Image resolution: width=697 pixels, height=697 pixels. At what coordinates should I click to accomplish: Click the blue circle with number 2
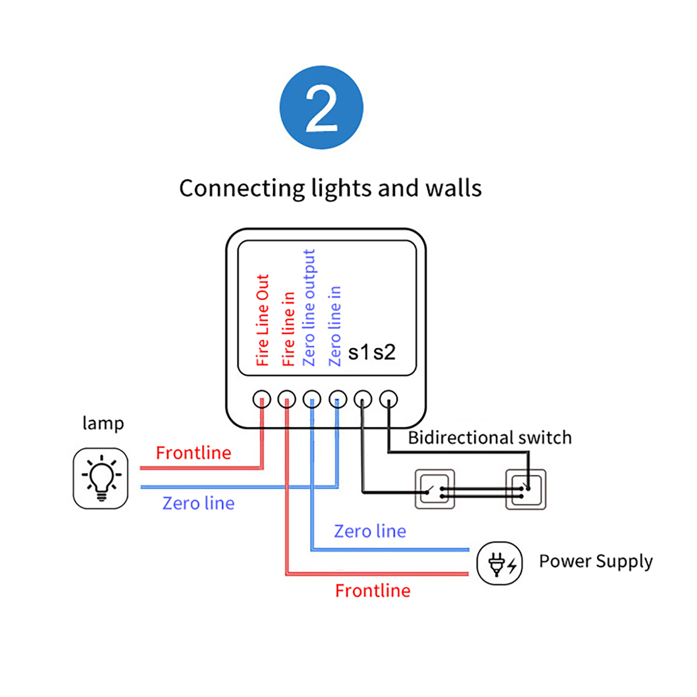[x=321, y=108]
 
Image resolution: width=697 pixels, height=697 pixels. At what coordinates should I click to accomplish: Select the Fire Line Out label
[x=262, y=320]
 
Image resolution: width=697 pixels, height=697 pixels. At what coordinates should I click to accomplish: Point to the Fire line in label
[x=288, y=329]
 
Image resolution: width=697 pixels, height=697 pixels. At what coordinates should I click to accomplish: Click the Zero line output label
[x=309, y=308]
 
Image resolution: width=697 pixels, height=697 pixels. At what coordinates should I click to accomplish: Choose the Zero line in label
[x=335, y=326]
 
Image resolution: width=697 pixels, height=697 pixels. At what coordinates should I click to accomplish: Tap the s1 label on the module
[x=359, y=352]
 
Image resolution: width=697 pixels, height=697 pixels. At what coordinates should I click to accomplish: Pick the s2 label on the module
[x=384, y=352]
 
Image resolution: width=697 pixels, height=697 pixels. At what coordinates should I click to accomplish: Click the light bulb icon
[x=101, y=478]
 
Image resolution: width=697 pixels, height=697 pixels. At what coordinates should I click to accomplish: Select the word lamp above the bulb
[x=103, y=423]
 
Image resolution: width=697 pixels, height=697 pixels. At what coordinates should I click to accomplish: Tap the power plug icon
[x=500, y=563]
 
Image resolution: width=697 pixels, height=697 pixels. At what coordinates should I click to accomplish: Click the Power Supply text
[x=595, y=562]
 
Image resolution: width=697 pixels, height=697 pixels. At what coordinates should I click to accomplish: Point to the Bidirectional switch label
[x=490, y=438]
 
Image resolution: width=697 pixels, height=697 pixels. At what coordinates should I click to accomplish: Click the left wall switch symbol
[x=435, y=489]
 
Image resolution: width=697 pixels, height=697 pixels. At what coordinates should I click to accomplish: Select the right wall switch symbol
[x=526, y=489]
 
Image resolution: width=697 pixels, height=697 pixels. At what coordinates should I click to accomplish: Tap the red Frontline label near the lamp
[x=193, y=453]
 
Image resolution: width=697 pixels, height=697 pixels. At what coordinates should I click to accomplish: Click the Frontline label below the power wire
[x=372, y=591]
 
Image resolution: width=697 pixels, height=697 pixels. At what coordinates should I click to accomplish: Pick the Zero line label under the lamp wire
[x=198, y=504]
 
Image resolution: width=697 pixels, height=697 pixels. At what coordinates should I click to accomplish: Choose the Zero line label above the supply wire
[x=370, y=531]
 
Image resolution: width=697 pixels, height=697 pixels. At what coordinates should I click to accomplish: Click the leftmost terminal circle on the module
[x=262, y=399]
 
